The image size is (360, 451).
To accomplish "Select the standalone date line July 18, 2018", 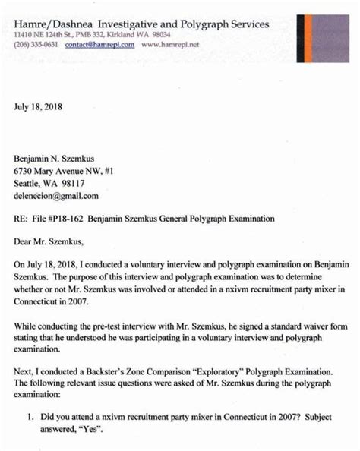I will click(x=39, y=107).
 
